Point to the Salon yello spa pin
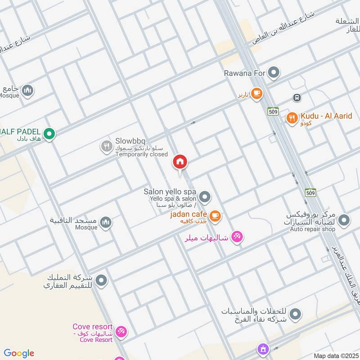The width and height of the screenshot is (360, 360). pyautogui.click(x=205, y=197)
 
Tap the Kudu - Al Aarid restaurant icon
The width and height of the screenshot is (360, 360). pyautogui.click(x=292, y=118)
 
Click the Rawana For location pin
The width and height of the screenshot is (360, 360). pyautogui.click(x=273, y=72)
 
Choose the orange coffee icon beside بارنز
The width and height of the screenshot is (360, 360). pyautogui.click(x=256, y=94)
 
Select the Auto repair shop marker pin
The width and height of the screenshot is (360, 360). pyautogui.click(x=344, y=220)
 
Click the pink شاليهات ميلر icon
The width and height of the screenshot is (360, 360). pyautogui.click(x=237, y=236)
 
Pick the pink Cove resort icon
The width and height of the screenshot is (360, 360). pyautogui.click(x=121, y=333)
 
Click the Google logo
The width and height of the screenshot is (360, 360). pyautogui.click(x=19, y=353)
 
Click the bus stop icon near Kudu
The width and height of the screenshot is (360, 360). pyautogui.click(x=297, y=97)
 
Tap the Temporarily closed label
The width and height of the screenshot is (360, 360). pyautogui.click(x=141, y=154)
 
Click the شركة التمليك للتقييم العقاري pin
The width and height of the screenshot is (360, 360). pyautogui.click(x=102, y=280)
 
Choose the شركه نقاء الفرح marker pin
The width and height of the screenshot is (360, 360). pyautogui.click(x=295, y=314)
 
